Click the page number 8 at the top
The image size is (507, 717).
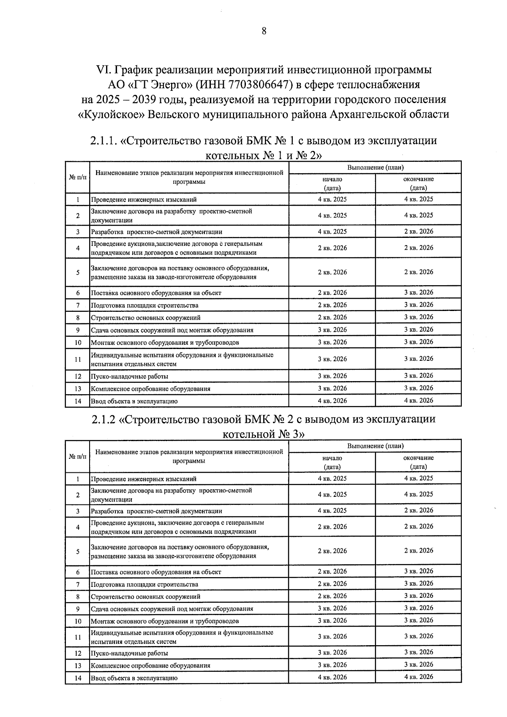tap(264, 31)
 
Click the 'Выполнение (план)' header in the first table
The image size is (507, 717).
tap(375, 167)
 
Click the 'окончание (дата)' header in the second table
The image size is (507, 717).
tap(418, 462)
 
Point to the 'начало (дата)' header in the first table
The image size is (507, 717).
tap(332, 183)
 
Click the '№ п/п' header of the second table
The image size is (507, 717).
tap(78, 456)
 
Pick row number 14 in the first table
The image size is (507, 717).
tap(78, 401)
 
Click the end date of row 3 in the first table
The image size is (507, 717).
tap(418, 232)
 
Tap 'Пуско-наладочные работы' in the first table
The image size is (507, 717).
tap(129, 376)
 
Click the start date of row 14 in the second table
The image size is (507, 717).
tap(332, 677)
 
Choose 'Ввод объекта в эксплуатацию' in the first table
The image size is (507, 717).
tap(134, 401)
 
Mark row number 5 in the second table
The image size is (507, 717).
tap(78, 551)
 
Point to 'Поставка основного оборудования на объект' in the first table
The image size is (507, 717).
tap(156, 293)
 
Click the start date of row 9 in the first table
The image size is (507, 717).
tap(332, 330)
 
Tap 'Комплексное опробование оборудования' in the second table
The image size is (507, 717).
tap(150, 665)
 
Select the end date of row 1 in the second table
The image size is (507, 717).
tap(418, 478)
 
